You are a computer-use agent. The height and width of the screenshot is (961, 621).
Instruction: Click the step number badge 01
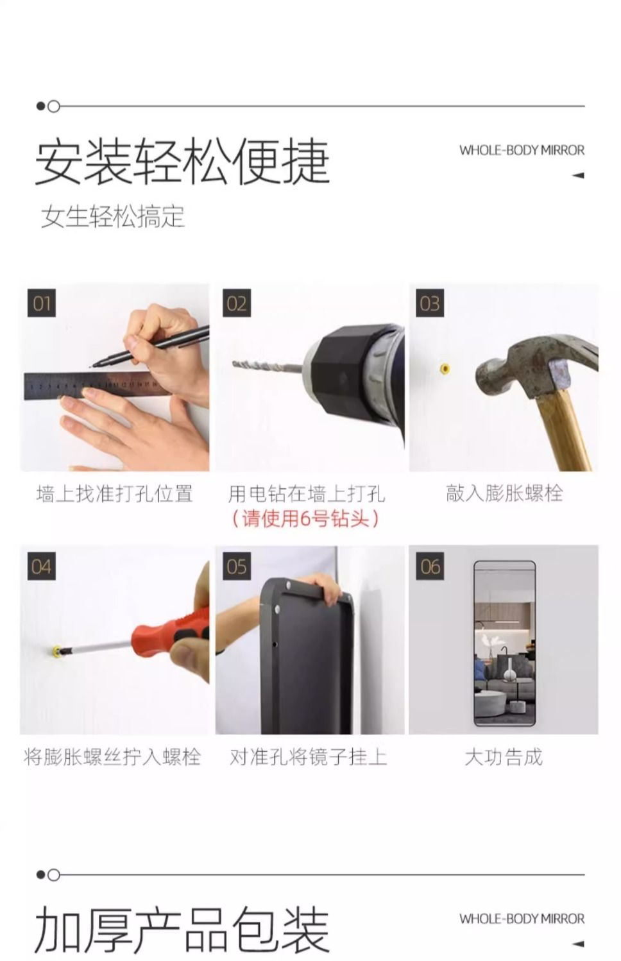(x=42, y=303)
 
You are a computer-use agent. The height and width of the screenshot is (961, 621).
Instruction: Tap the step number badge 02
(x=237, y=303)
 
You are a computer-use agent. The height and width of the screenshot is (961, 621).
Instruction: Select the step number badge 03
(x=430, y=303)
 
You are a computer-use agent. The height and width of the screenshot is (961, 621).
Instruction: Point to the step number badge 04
(x=42, y=566)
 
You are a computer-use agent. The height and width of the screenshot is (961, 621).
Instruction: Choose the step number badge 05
(x=237, y=566)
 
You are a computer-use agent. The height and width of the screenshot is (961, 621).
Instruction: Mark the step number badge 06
(x=430, y=566)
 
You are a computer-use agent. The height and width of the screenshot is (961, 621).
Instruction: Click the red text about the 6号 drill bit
(x=305, y=519)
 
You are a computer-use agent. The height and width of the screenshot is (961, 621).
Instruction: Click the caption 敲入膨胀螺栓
(x=504, y=493)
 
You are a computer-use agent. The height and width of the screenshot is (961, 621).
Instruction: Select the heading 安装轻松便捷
(x=182, y=161)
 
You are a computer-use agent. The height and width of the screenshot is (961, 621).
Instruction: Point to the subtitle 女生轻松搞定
(x=113, y=216)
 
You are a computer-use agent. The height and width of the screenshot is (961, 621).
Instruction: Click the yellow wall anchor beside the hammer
(x=445, y=368)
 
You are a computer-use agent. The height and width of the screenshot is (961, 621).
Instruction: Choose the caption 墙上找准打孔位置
(x=115, y=493)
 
